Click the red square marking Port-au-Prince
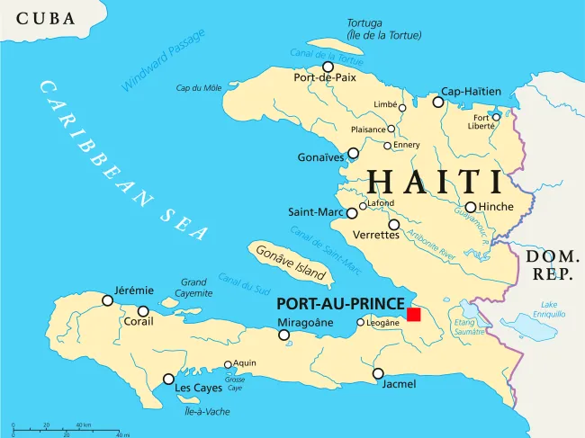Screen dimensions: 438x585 413,314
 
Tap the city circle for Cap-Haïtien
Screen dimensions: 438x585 438,103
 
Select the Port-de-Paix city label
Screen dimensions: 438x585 323,78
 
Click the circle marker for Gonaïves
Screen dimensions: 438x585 353,153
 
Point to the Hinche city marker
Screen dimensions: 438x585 470,207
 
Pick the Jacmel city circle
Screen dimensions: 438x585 378,373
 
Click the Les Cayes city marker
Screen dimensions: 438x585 168,380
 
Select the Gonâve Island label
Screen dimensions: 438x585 290,263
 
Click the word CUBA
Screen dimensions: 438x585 46,18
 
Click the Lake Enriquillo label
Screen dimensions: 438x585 548,309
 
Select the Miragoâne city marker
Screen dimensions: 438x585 284,335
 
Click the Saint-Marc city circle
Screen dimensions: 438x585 352,213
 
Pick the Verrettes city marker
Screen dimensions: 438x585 393,224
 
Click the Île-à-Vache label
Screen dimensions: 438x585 206,411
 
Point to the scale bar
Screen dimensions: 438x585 67,427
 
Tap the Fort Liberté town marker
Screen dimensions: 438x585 496,116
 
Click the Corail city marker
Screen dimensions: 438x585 143,311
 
